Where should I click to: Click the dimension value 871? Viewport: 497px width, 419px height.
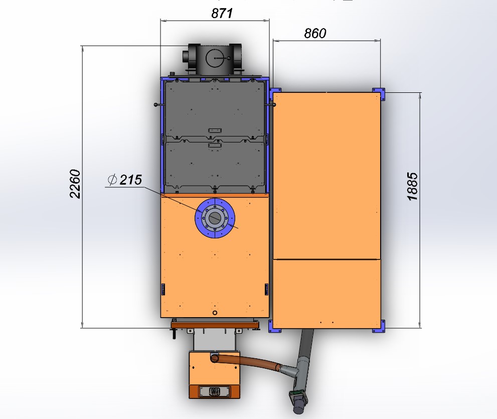[222, 14]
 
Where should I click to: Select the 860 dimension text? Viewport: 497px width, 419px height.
[315, 33]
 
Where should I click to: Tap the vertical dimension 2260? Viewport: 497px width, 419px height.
[75, 184]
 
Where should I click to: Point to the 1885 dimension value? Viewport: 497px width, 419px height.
[412, 187]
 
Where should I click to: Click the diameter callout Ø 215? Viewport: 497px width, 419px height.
[124, 180]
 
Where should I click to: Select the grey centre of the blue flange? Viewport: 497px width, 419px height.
[215, 218]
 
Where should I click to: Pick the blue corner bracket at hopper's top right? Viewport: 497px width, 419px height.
[379, 94]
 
